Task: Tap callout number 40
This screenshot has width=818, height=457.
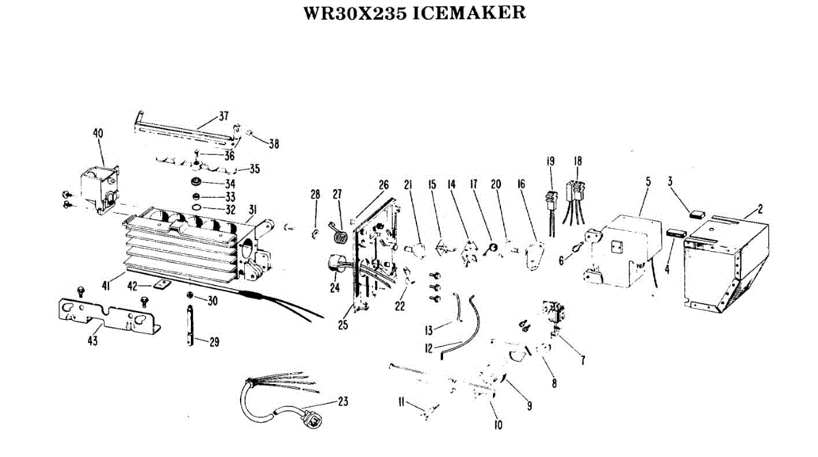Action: [98, 134]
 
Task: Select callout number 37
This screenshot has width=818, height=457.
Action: [224, 115]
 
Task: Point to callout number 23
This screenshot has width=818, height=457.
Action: [343, 402]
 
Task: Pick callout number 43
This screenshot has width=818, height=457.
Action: [93, 340]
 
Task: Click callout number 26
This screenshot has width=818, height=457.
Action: [384, 184]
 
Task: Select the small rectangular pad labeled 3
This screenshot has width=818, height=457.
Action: [697, 213]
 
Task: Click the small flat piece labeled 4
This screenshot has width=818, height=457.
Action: [676, 233]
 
